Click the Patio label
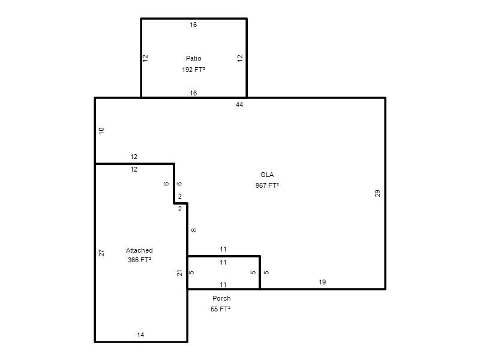point(193,58)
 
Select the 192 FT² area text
point(193,70)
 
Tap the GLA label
point(267,175)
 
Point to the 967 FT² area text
point(267,185)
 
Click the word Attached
point(139,250)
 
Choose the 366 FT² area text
point(139,260)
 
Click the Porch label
point(221,298)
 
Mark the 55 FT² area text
point(220,309)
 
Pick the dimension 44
point(239,104)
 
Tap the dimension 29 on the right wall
point(377,193)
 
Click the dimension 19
point(322,282)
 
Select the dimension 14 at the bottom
point(140,335)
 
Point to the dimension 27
point(101,253)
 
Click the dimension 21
point(179,273)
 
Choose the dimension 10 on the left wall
point(101,131)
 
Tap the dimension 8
point(193,230)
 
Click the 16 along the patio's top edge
point(193,25)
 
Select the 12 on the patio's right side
point(240,58)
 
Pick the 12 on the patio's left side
point(145,58)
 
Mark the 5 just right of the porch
point(266,272)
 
